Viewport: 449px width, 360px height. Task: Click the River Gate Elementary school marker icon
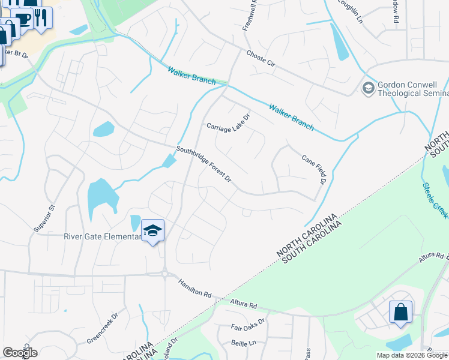click(x=152, y=230)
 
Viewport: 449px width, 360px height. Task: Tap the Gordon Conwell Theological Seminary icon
click(x=367, y=89)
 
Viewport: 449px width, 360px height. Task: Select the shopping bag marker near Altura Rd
click(x=400, y=313)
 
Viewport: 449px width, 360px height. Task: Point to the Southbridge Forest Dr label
click(x=203, y=164)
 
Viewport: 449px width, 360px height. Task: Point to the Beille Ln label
click(x=243, y=342)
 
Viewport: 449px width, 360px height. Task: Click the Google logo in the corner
click(x=20, y=352)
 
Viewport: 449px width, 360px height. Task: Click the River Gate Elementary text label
click(x=102, y=236)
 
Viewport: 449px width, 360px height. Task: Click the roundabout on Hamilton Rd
click(x=164, y=274)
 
